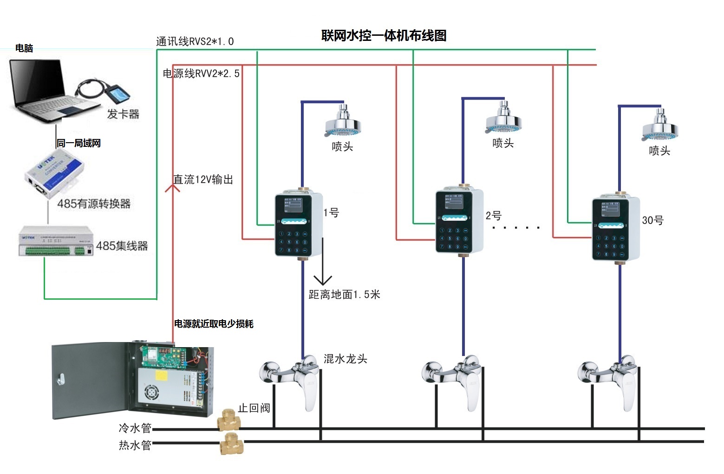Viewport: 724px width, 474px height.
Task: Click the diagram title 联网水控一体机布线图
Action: pyautogui.click(x=384, y=36)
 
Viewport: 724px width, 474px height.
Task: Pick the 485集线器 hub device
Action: pyautogui.click(x=56, y=241)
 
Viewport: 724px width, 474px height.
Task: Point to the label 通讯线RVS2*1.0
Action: pyautogui.click(x=195, y=41)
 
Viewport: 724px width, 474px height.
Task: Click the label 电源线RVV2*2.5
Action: pyautogui.click(x=201, y=73)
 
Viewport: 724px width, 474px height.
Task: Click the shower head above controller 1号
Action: pyautogui.click(x=343, y=122)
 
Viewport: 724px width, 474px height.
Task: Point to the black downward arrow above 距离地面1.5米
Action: pyautogui.click(x=322, y=279)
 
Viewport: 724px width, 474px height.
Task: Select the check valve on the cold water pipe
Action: pyautogui.click(x=228, y=420)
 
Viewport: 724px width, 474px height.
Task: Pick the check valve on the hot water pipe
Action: pyautogui.click(x=231, y=443)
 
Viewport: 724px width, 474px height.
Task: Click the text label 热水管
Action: pyautogui.click(x=135, y=445)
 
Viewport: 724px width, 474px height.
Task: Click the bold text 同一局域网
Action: pyautogui.click(x=78, y=143)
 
